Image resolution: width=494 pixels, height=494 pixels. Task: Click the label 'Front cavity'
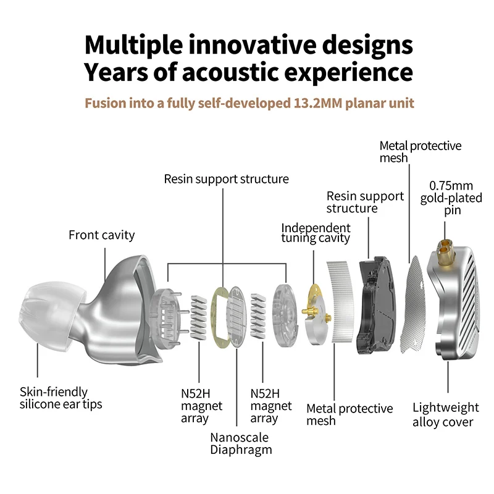101,235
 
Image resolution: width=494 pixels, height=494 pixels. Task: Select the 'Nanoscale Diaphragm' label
241,443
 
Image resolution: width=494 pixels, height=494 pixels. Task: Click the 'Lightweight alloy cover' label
445,415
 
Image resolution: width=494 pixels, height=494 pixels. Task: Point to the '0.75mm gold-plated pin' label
451,198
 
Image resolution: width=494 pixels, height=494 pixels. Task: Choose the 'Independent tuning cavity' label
316,233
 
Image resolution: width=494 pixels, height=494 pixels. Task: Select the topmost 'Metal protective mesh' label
420,152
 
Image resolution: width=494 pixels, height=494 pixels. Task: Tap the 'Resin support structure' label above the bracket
226,179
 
